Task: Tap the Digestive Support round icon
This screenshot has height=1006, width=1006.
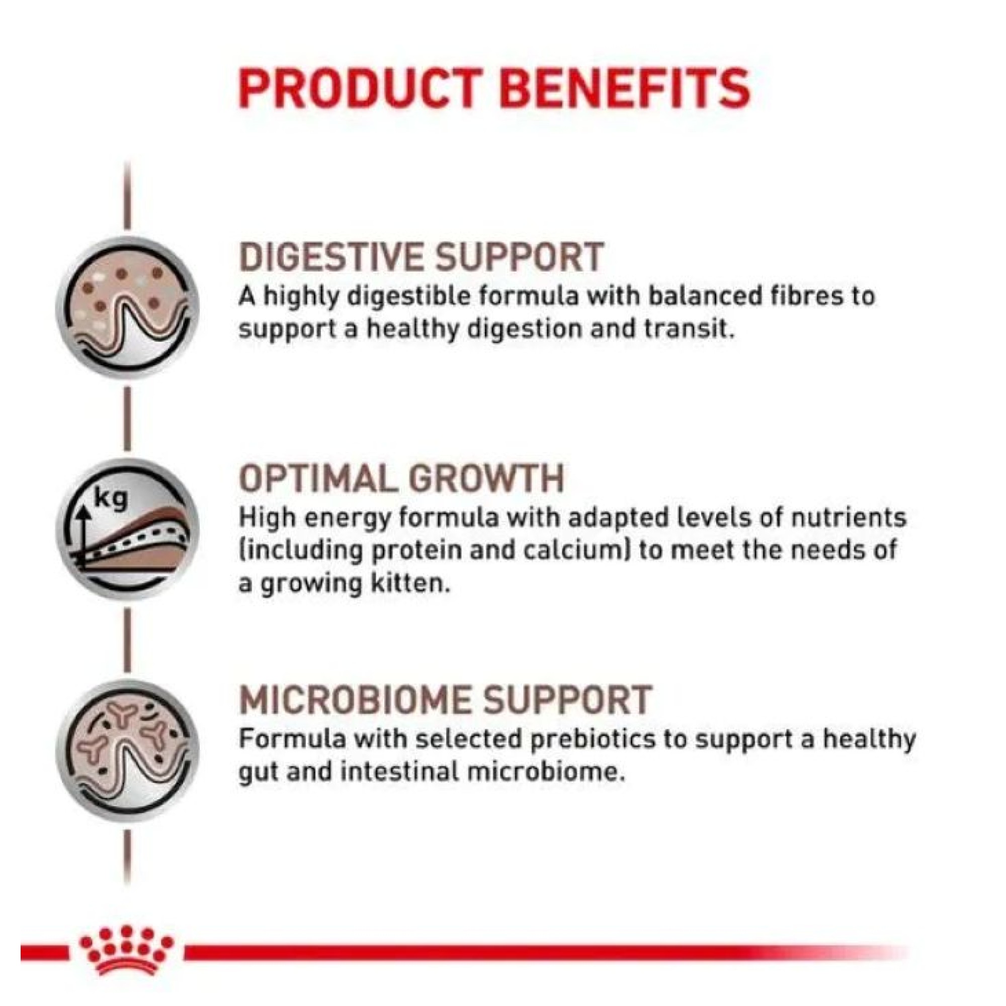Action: point(128,308)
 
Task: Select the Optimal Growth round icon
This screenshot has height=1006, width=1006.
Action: point(128,530)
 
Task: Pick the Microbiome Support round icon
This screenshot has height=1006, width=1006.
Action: point(128,751)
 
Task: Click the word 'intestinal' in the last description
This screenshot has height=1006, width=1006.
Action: point(399,772)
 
